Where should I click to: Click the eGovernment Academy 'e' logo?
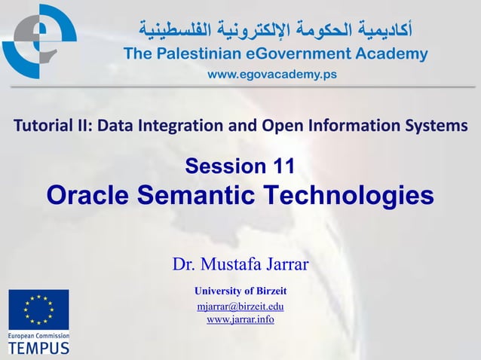(x=39, y=41)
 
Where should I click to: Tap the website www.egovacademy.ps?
(x=272, y=75)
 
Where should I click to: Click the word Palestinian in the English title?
(x=191, y=53)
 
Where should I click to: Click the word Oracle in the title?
(x=90, y=195)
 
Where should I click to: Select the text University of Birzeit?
(x=240, y=291)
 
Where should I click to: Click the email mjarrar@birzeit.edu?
(x=240, y=307)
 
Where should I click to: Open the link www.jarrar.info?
(x=240, y=320)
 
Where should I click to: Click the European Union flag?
(x=38, y=310)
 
